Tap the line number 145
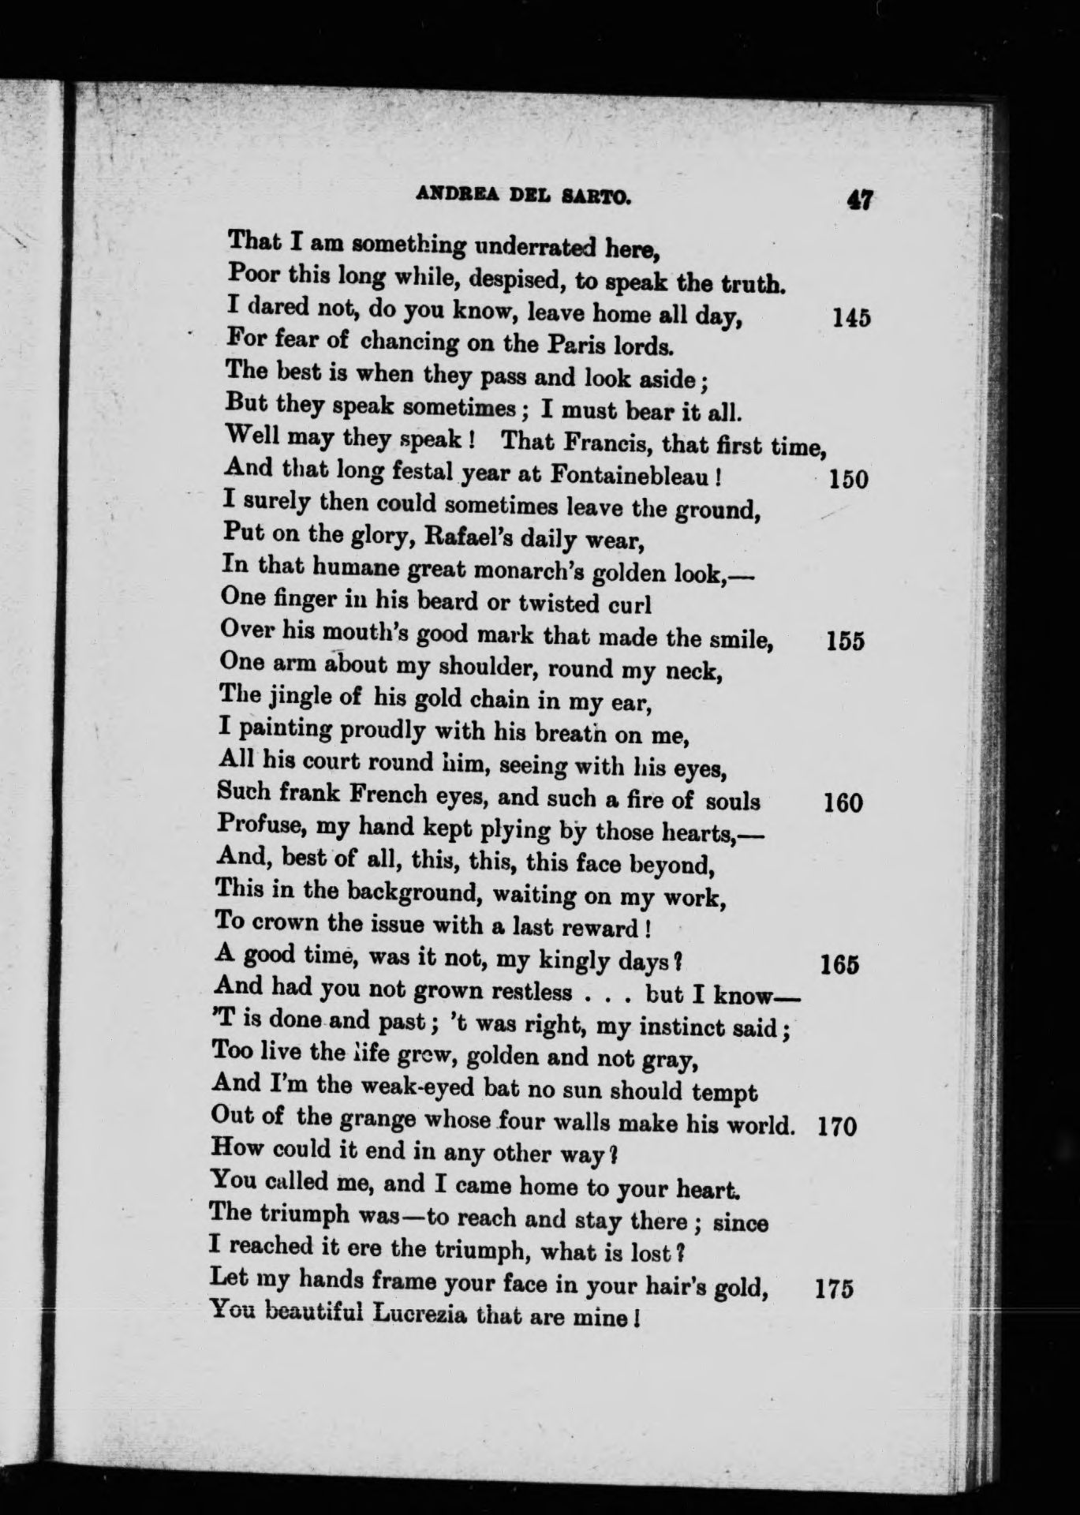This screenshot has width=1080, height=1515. point(851,318)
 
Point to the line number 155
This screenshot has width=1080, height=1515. point(845,640)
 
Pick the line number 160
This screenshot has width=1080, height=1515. point(843,803)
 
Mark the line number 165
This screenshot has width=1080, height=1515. point(839,964)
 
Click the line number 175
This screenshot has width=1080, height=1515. point(833,1289)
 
